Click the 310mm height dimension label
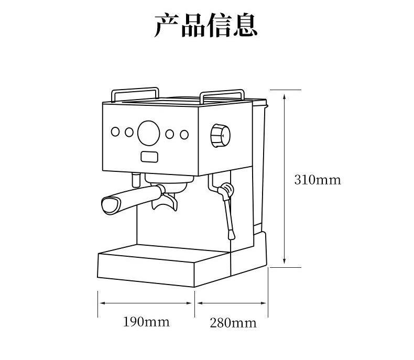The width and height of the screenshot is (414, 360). click(x=317, y=180)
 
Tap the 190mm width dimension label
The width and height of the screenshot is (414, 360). click(x=146, y=321)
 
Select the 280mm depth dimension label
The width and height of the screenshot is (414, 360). click(x=233, y=322)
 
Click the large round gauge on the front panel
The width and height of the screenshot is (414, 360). click(x=148, y=133)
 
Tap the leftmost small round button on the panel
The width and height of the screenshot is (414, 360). click(x=115, y=132)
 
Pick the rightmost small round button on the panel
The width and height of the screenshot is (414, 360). click(x=184, y=135)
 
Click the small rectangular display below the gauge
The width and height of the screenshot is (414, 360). click(x=149, y=156)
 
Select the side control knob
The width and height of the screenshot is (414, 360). click(x=220, y=137)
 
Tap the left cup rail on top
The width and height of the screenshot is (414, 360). click(x=135, y=92)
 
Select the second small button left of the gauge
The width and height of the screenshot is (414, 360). click(x=129, y=132)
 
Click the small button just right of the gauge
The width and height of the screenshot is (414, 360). click(x=169, y=134)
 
